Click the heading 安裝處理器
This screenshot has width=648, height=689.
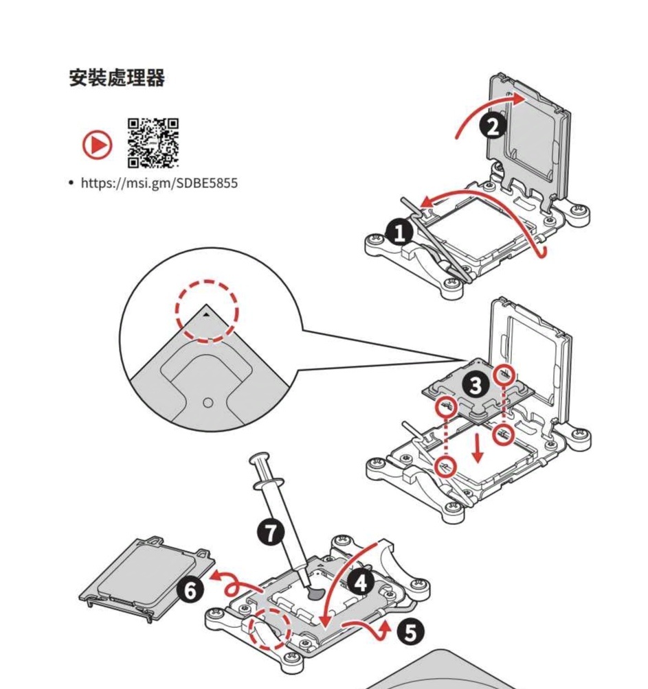pyautogui.click(x=117, y=78)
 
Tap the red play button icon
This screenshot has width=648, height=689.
pyautogui.click(x=98, y=144)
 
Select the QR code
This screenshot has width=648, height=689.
pyautogui.click(x=153, y=143)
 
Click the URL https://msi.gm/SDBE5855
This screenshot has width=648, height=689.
pyautogui.click(x=159, y=183)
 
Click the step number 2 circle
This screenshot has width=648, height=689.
pyautogui.click(x=493, y=126)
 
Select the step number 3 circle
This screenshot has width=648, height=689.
pyautogui.click(x=475, y=386)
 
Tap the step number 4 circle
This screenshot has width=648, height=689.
pyautogui.click(x=361, y=583)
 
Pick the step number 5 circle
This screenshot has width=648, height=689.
pyautogui.click(x=410, y=632)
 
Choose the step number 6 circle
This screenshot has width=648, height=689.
pyautogui.click(x=190, y=589)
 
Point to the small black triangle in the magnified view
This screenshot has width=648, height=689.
pyautogui.click(x=207, y=313)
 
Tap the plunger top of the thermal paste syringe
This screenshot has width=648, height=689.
pyautogui.click(x=259, y=458)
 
